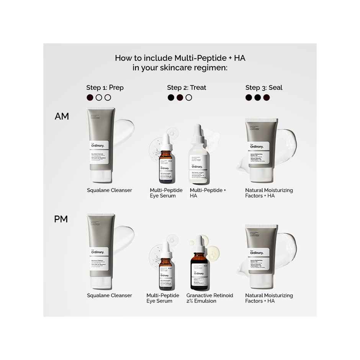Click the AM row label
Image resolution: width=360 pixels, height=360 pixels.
coord(62,116)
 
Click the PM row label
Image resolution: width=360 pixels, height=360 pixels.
coord(61,219)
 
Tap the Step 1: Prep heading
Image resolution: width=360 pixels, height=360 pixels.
coord(105,88)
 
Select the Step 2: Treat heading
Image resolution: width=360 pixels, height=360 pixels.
coord(187,88)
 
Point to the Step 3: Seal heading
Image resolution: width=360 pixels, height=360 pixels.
coord(264,88)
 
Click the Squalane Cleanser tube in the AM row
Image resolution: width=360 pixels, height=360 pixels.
coord(101,146)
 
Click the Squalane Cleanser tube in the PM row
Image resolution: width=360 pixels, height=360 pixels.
coord(101,251)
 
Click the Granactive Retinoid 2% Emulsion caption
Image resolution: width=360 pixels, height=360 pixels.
coord(209,298)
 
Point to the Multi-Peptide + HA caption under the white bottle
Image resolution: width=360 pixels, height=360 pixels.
coord(208,193)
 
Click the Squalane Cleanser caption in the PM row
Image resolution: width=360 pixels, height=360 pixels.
coord(110,296)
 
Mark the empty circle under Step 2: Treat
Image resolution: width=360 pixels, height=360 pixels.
coord(189,98)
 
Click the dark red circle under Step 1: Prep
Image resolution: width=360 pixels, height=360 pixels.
coord(90,98)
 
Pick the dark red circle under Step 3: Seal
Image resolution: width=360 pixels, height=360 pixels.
coord(267,98)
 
